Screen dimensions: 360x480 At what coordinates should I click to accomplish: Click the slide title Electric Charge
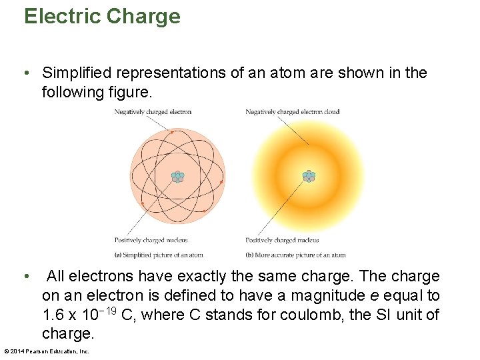[x=102, y=16]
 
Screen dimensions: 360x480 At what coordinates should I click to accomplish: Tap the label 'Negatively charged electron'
[x=153, y=112]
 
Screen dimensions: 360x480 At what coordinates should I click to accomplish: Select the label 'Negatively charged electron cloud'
[x=292, y=112]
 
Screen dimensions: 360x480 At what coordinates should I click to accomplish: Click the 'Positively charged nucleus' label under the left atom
[x=151, y=241]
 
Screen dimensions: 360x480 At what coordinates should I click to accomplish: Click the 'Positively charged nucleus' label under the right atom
[x=282, y=241]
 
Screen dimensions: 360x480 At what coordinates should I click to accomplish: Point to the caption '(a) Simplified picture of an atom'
[x=159, y=255]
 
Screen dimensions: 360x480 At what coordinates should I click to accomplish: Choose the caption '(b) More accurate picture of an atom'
[x=295, y=255]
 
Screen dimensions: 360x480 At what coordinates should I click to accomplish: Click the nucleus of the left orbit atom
[x=177, y=177]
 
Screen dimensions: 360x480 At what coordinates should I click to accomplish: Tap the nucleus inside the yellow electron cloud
[x=309, y=177]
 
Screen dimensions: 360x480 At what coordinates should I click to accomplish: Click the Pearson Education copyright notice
[x=47, y=351]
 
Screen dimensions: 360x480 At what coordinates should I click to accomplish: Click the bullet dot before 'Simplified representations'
[x=27, y=73]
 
